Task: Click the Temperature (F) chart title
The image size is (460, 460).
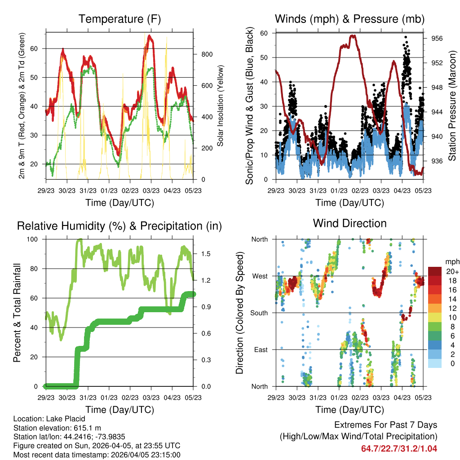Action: [119, 19]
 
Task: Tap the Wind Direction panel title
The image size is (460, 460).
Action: [349, 223]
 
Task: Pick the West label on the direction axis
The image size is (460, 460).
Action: [259, 276]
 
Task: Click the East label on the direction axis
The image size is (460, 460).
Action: [260, 349]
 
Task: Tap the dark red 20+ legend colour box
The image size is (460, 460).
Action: [435, 271]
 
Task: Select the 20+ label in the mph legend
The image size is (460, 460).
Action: [451, 271]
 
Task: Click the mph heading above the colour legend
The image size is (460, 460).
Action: [451, 261]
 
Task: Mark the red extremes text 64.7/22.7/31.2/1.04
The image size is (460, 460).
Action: [399, 448]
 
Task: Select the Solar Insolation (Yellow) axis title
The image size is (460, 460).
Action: [221, 106]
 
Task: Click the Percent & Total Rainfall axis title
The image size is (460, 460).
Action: [17, 313]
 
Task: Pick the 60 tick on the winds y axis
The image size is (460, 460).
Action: [264, 33]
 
